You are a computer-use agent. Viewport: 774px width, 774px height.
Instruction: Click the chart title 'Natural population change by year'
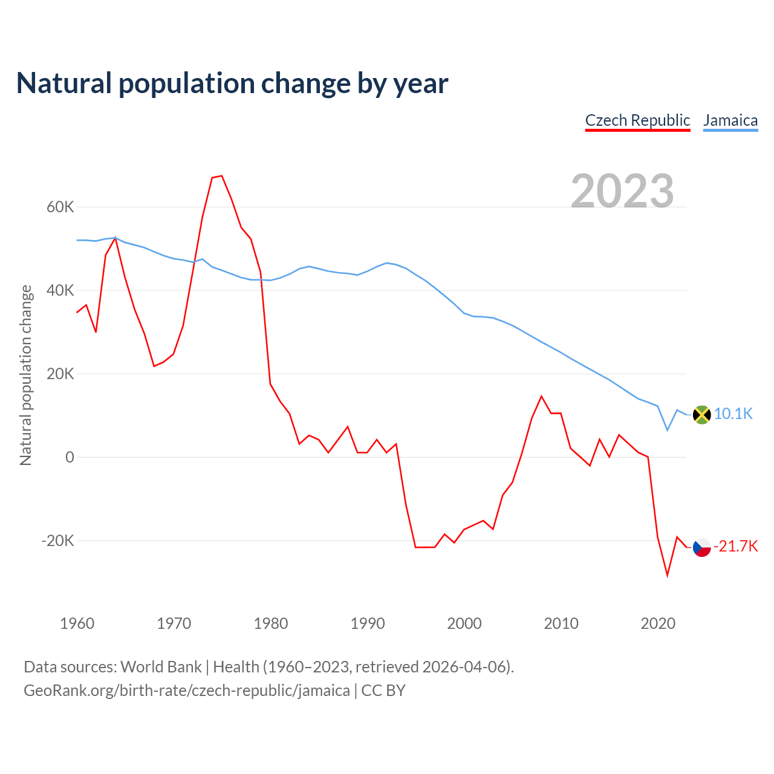click(x=232, y=83)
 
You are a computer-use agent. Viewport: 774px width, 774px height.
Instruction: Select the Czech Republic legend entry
click(x=637, y=120)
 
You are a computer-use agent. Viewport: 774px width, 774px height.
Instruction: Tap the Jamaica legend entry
click(x=730, y=120)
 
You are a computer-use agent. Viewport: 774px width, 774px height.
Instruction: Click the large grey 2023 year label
click(x=622, y=190)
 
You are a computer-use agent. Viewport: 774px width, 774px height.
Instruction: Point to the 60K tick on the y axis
click(x=60, y=207)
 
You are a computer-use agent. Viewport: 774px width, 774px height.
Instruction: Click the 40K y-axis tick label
click(x=60, y=291)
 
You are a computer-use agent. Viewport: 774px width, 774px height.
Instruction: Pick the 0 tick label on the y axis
click(x=70, y=458)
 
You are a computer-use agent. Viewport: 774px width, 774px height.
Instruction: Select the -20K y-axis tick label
click(x=57, y=541)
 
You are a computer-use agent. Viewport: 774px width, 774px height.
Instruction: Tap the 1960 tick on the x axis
click(x=77, y=623)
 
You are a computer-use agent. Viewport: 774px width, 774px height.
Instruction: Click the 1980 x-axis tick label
click(x=271, y=623)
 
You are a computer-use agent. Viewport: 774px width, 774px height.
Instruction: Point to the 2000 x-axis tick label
click(x=464, y=623)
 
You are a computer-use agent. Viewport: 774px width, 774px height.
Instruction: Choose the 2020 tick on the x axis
click(x=658, y=623)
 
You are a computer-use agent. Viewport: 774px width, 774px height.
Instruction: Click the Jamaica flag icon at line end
click(x=701, y=415)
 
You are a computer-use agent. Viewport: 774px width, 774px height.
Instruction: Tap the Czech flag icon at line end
click(x=701, y=547)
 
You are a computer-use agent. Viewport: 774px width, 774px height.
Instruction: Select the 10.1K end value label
click(x=733, y=414)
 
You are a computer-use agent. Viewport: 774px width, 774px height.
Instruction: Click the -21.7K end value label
click(x=736, y=547)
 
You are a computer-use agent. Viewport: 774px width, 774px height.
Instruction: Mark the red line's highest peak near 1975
click(x=222, y=176)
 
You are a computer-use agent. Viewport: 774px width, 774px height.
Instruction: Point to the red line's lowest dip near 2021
click(x=668, y=575)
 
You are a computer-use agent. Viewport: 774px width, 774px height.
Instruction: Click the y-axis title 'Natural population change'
click(x=25, y=375)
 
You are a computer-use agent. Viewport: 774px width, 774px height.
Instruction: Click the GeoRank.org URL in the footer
click(x=187, y=691)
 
